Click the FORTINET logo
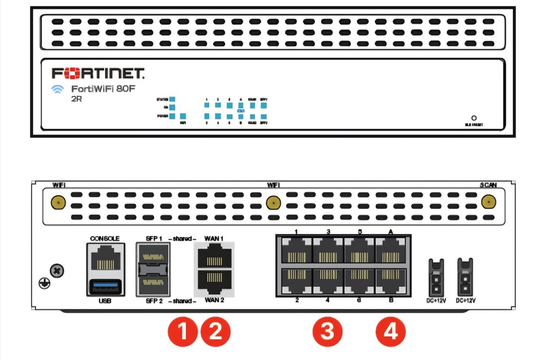pos(98,73)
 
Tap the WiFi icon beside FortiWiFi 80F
pos(58,89)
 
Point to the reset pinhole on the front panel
pos(474,117)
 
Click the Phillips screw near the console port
pos(56,269)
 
